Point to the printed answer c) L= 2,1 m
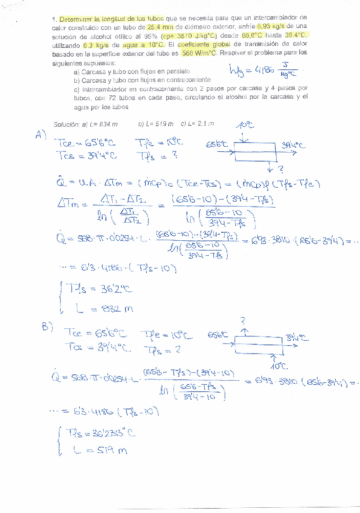tap(198, 123)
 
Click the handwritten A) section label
tap(41, 134)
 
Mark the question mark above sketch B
tap(243, 319)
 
